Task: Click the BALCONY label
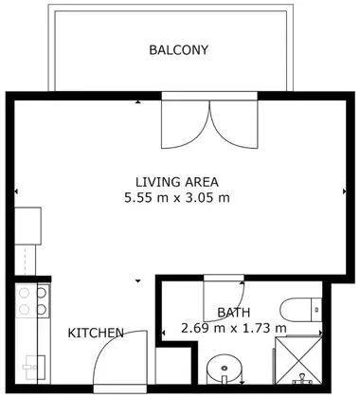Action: pyautogui.click(x=178, y=50)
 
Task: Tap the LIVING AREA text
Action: pyautogui.click(x=177, y=182)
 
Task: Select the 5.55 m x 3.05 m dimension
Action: pyautogui.click(x=177, y=198)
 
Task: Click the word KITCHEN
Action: pyautogui.click(x=96, y=333)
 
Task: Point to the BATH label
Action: pyautogui.click(x=234, y=313)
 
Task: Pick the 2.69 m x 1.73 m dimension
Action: pyautogui.click(x=234, y=328)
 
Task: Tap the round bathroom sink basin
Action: pyautogui.click(x=225, y=369)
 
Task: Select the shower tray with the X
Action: pyautogui.click(x=298, y=361)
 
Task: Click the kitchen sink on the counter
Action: pyautogui.click(x=35, y=367)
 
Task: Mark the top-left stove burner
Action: pyautogui.click(x=24, y=293)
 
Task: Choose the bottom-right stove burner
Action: pyautogui.click(x=42, y=309)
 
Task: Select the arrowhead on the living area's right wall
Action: pyautogui.click(x=345, y=191)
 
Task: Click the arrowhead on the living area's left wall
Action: pyautogui.click(x=16, y=191)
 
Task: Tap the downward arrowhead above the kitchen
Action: pyautogui.click(x=138, y=280)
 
